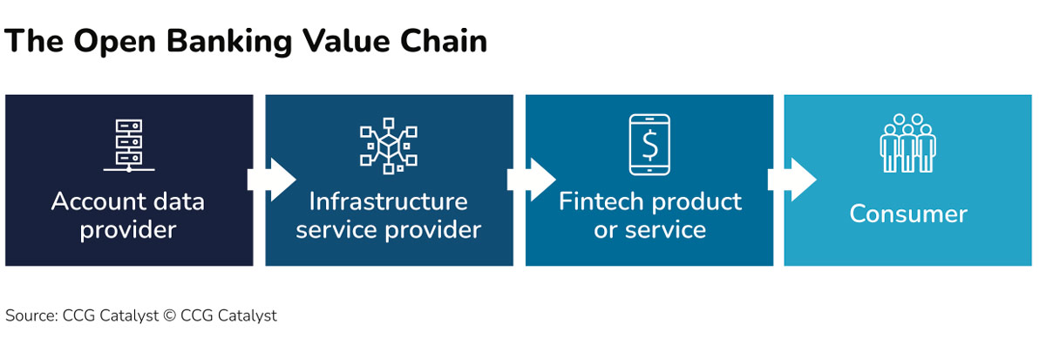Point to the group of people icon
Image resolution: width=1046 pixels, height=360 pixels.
pos(907,144)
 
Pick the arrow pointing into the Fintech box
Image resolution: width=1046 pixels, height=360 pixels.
pos(531,180)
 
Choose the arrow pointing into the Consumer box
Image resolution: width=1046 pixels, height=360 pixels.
pos(791,180)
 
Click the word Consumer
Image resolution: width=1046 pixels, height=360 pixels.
pos(908,214)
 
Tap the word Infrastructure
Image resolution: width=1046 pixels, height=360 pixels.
pos(389,201)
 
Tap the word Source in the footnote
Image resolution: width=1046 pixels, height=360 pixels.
pos(30,316)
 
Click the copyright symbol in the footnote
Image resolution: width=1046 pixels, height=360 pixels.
pos(168,316)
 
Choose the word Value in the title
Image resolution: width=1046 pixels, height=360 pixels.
pos(344,41)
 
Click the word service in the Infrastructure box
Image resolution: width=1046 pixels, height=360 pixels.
pos(333,230)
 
